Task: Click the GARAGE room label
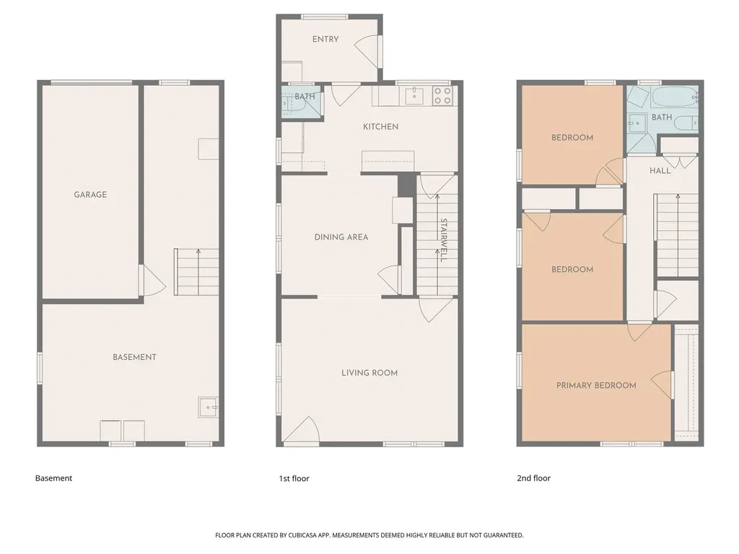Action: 90,195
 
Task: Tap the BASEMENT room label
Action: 134,357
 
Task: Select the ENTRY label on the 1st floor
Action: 325,40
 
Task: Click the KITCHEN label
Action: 380,127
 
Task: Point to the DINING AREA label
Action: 341,237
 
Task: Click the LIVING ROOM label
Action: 369,373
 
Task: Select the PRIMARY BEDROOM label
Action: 596,386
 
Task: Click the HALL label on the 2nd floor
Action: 660,171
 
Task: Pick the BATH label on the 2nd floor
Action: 662,117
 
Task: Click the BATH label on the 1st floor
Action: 305,97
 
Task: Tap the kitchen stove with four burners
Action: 442,96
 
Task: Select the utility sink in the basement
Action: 208,408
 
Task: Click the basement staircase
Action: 197,272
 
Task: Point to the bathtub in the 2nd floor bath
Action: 674,97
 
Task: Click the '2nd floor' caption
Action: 533,478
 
